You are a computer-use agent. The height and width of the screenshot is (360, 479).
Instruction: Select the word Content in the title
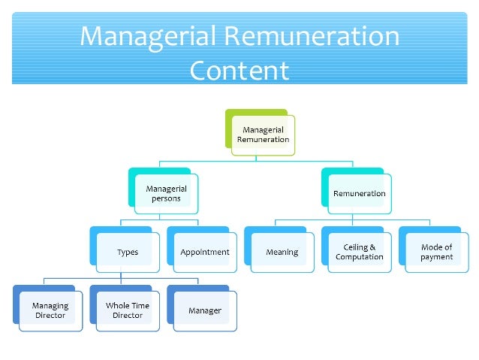tap(239, 70)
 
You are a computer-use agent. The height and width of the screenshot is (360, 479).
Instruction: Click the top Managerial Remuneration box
tap(263, 135)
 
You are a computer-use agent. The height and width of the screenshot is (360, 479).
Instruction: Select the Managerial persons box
tap(167, 193)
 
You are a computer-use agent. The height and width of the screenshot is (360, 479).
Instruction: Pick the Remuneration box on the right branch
tap(359, 193)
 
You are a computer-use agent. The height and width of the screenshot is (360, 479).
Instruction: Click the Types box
tap(128, 252)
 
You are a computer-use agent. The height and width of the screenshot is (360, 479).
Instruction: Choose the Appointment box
tap(204, 252)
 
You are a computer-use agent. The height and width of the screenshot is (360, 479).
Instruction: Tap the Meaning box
tap(282, 252)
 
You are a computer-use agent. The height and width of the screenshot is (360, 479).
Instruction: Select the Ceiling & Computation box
tap(360, 252)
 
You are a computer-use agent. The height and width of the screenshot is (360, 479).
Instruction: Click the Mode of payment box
tap(436, 252)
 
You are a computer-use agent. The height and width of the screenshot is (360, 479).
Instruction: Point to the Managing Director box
tap(50, 310)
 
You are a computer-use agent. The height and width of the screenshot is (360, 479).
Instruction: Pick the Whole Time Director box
tap(128, 310)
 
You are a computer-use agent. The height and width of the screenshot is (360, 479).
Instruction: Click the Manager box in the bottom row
tap(204, 310)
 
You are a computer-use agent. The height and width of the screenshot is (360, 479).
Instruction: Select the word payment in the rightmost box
tap(436, 257)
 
